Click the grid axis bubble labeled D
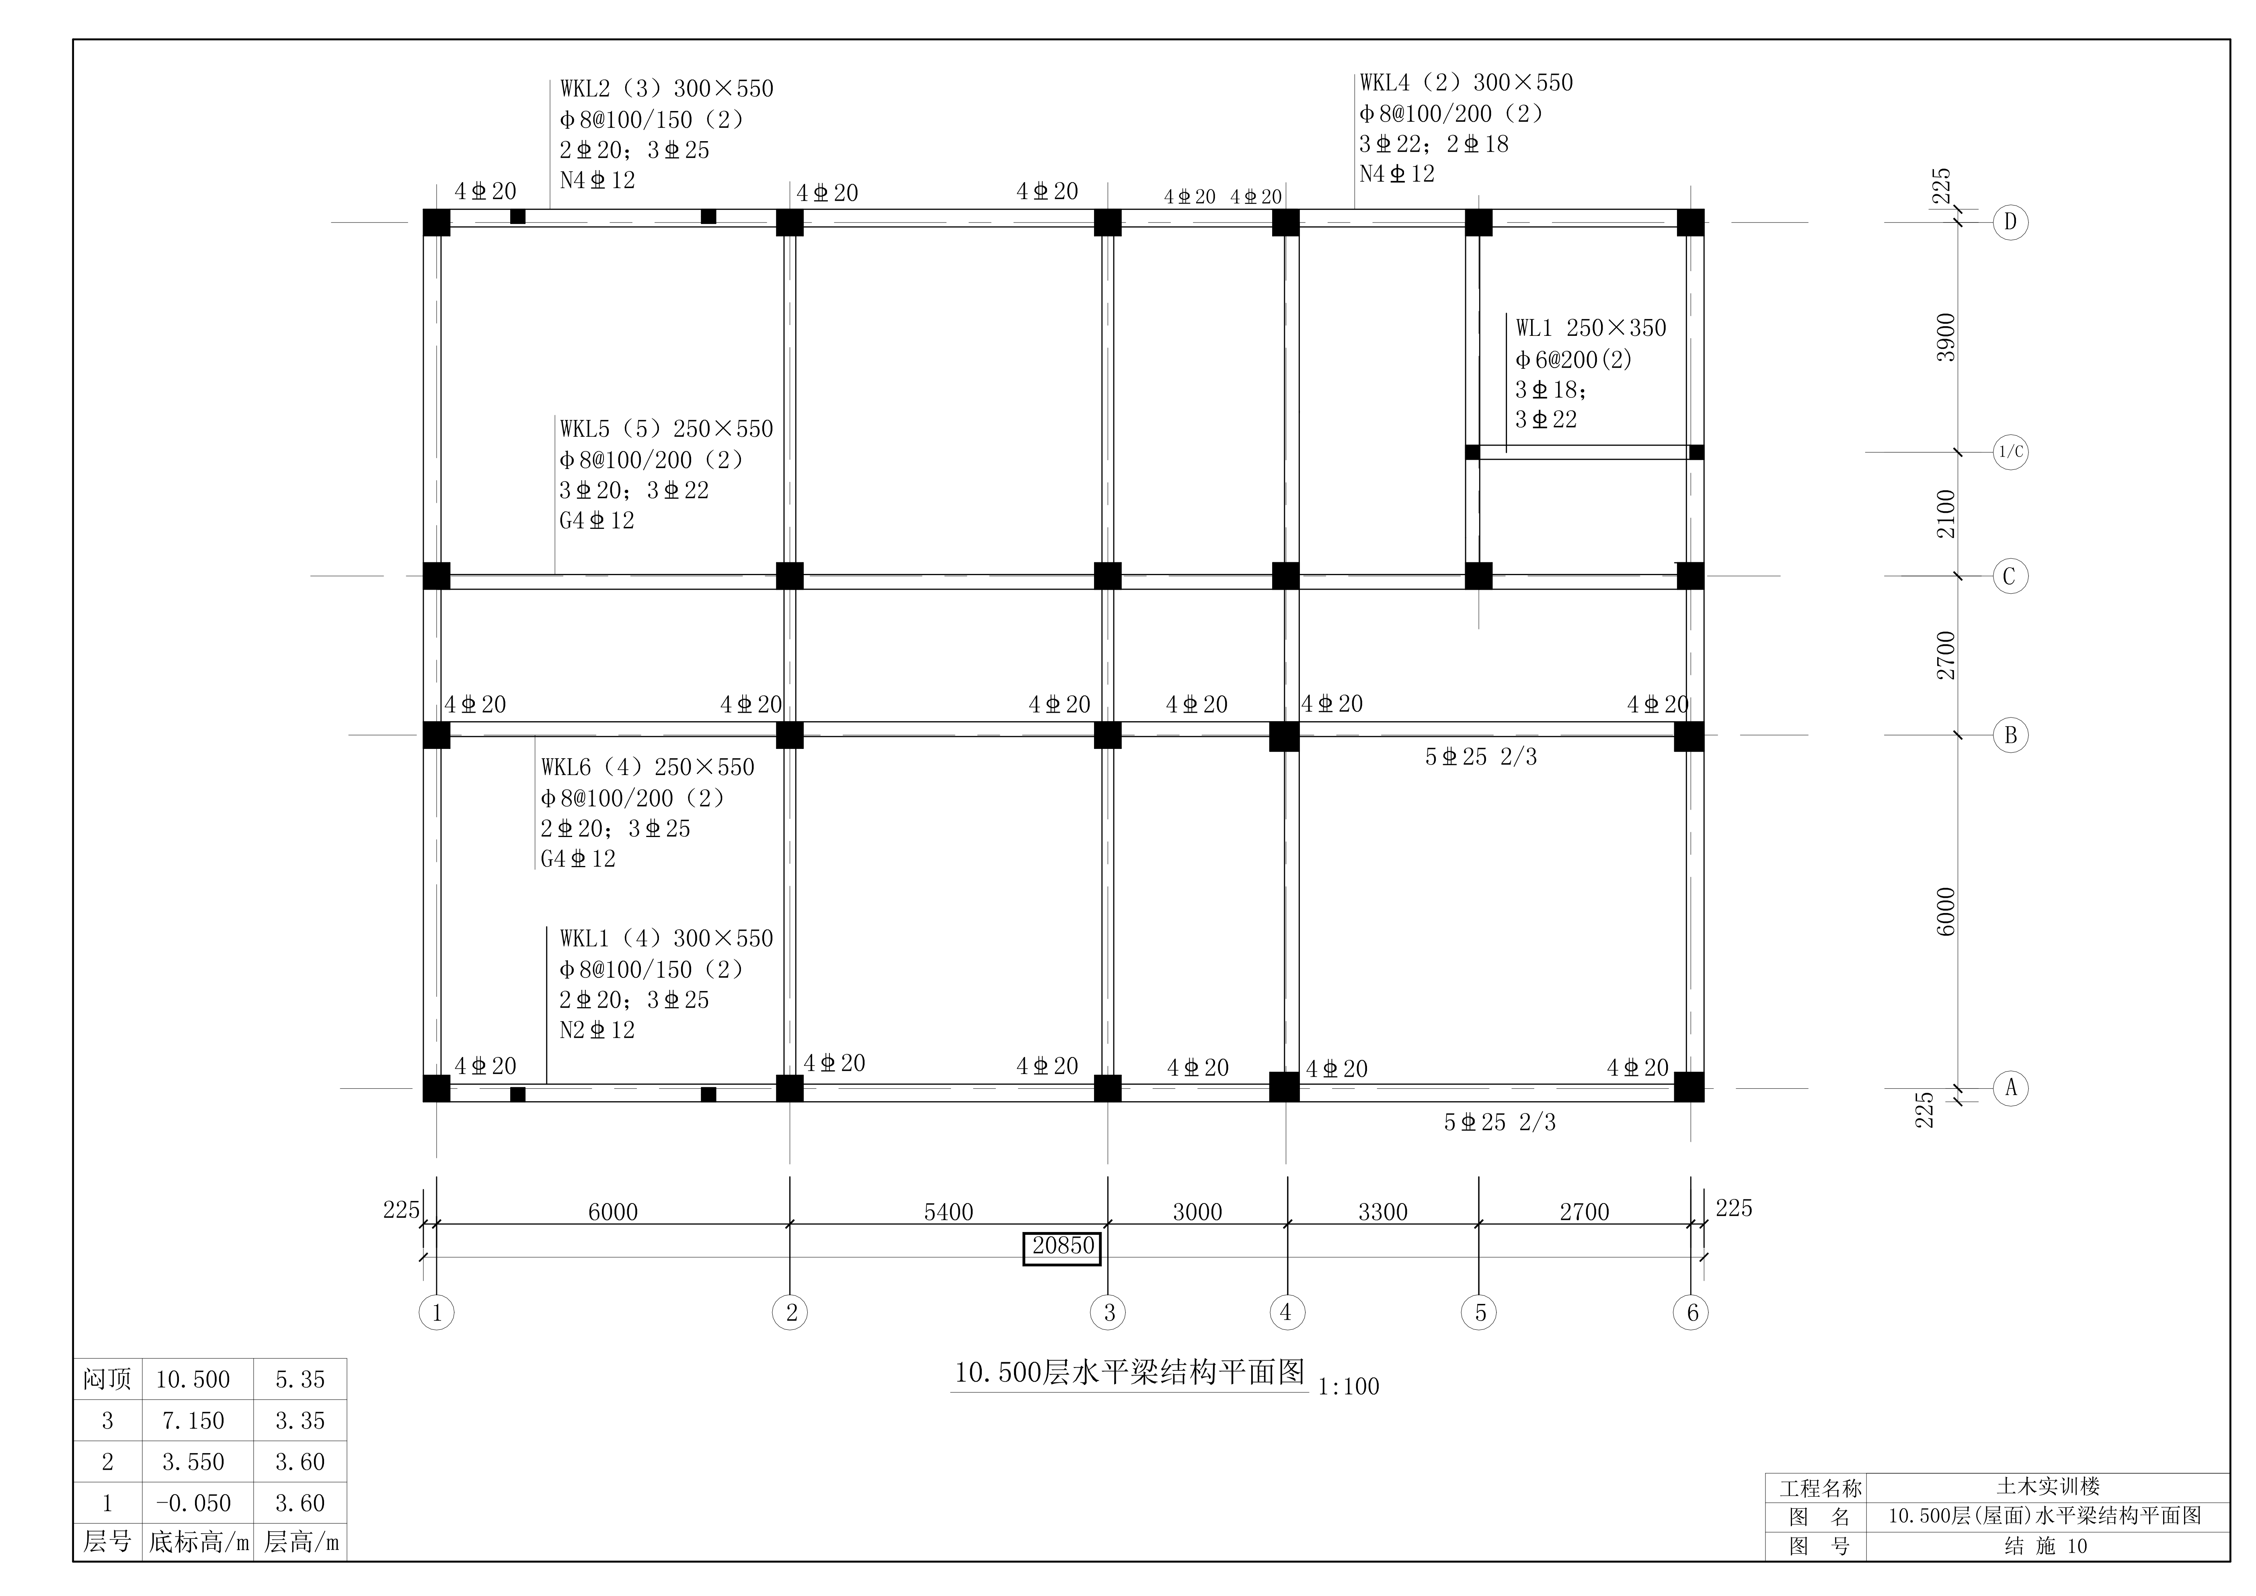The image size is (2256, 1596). pyautogui.click(x=2010, y=222)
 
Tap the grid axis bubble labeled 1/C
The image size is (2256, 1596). pyautogui.click(x=2010, y=452)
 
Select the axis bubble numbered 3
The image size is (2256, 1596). pyautogui.click(x=1108, y=1312)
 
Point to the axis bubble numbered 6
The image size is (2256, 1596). pyautogui.click(x=1691, y=1312)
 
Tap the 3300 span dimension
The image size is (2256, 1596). pyautogui.click(x=1382, y=1212)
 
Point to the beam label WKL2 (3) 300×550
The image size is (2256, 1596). pyautogui.click(x=666, y=88)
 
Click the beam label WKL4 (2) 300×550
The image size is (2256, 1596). pyautogui.click(x=1466, y=82)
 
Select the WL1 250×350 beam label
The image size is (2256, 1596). pyautogui.click(x=1591, y=328)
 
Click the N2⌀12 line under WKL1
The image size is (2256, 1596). pyautogui.click(x=597, y=1030)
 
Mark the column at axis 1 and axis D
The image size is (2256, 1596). pyautogui.click(x=436, y=222)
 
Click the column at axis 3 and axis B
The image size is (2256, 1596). pyautogui.click(x=1107, y=735)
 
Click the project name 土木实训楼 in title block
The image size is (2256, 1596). pyautogui.click(x=2048, y=1487)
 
